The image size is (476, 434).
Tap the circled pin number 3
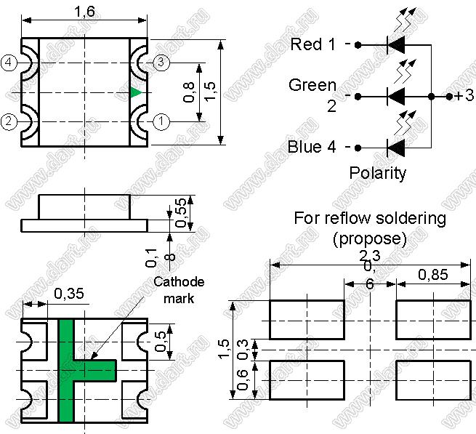pos(162,63)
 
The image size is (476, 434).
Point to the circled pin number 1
pos(162,121)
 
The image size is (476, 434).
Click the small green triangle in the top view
pos(136,92)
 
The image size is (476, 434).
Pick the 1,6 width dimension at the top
pos(85,12)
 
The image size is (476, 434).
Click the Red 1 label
pos(312,44)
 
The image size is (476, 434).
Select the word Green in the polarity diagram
pos(312,85)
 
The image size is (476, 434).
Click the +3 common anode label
pos(464,96)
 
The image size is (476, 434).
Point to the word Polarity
pos(378,173)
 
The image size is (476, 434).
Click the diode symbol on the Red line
pos(395,44)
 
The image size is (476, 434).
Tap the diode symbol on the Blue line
pos(395,148)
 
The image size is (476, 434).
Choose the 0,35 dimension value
pos(68,294)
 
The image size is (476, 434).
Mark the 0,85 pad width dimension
pos(433,274)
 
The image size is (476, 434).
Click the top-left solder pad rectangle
pos(307,319)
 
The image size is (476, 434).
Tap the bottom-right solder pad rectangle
pos(432,380)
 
